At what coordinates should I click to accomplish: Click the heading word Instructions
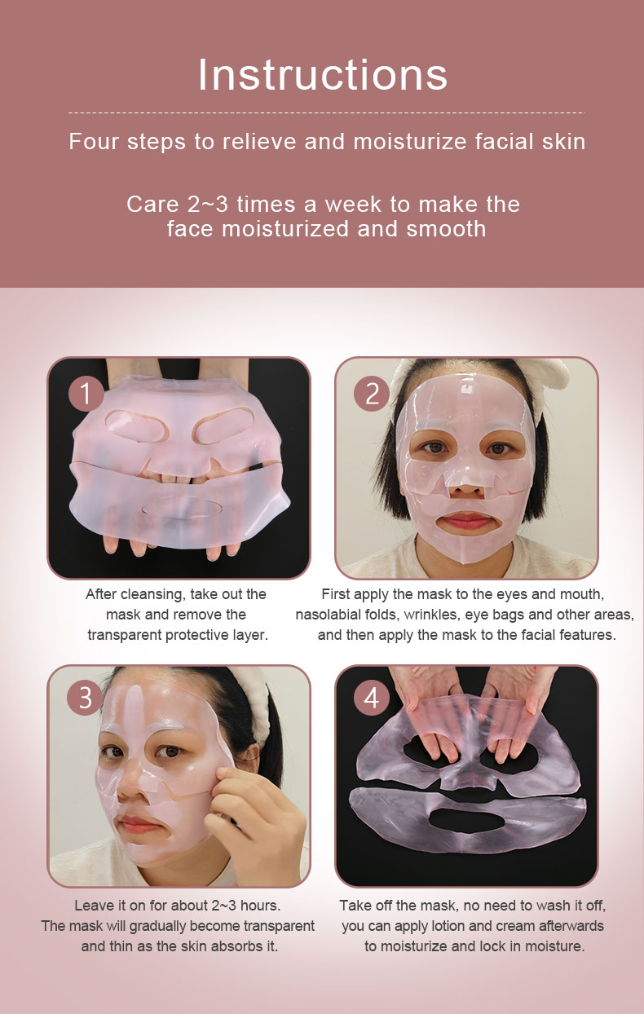323,75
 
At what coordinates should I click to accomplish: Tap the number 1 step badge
86,394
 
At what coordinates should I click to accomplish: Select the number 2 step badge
372,394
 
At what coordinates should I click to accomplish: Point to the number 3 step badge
85,698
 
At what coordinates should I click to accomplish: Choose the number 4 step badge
372,698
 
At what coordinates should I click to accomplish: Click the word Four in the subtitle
94,141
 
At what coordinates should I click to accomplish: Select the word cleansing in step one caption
153,594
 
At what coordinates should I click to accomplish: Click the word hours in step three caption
260,906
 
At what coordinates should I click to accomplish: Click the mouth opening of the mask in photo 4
466,820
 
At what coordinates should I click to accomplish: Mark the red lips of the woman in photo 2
467,521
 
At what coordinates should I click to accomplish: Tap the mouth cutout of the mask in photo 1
182,509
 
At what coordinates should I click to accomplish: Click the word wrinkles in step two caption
431,615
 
